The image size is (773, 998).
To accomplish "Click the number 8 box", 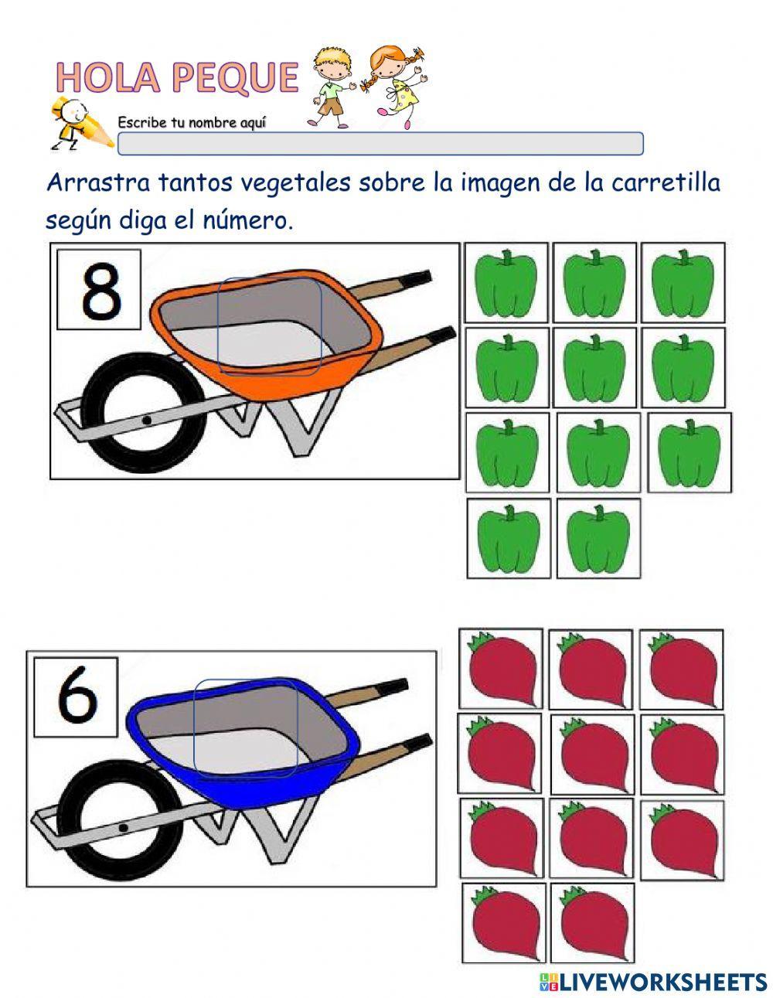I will pyautogui.click(x=100, y=289).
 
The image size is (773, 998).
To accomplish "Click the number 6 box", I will pyautogui.click(x=77, y=699).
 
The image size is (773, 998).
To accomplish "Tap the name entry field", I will pyautogui.click(x=380, y=144).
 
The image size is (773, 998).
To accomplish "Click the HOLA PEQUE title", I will pyautogui.click(x=177, y=77).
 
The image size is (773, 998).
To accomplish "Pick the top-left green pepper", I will pyautogui.click(x=506, y=283).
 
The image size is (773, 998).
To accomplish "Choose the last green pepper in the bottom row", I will pyautogui.click(x=598, y=538).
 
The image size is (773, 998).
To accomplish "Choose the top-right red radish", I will pyautogui.click(x=681, y=669).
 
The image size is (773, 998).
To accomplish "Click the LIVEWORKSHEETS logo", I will pyautogui.click(x=653, y=982).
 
